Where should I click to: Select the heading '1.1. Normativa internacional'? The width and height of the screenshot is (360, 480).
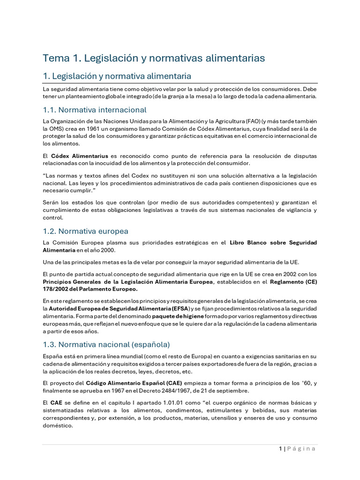click(x=95, y=110)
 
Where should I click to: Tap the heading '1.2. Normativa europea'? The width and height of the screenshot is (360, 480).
click(x=85, y=231)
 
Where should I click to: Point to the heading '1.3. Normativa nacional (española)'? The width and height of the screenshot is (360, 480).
click(x=106, y=345)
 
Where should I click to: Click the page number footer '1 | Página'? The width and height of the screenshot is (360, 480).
click(x=297, y=449)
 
